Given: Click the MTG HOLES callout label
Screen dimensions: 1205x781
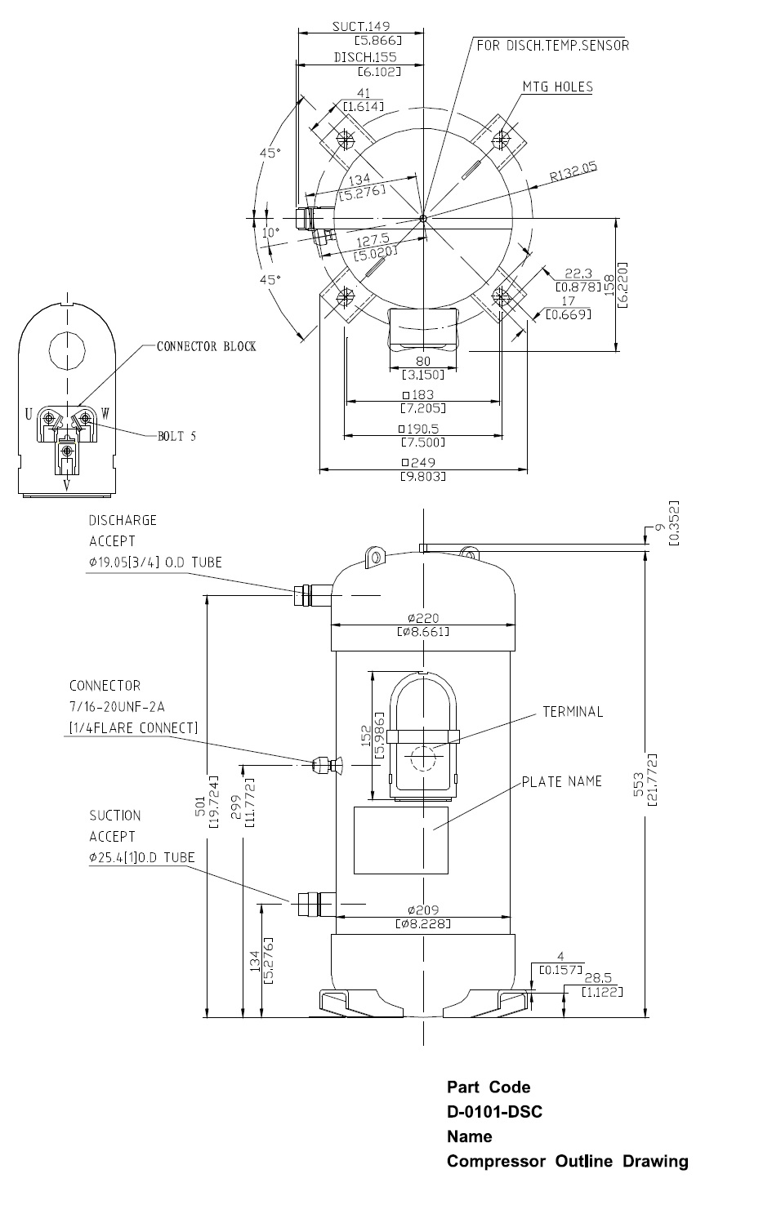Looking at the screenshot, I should pyautogui.click(x=557, y=87).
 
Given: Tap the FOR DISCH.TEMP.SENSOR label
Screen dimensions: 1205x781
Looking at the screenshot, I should pyautogui.click(x=553, y=46).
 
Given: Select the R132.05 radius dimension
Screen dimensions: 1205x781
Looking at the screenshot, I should pyautogui.click(x=573, y=173).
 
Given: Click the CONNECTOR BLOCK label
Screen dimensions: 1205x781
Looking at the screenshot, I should pyautogui.click(x=207, y=346).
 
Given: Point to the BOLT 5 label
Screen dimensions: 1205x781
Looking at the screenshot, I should pyautogui.click(x=176, y=436).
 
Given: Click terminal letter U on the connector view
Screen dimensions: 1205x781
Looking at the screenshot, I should pyautogui.click(x=29, y=415).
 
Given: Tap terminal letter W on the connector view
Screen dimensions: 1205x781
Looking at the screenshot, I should pyautogui.click(x=105, y=415).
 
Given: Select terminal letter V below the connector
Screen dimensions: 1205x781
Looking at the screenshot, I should pyautogui.click(x=67, y=484).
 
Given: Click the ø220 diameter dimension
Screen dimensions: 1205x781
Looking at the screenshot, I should pyautogui.click(x=422, y=617).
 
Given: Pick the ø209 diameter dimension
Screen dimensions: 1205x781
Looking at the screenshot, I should pyautogui.click(x=422, y=909).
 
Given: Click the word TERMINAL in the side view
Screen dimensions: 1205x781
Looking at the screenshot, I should pyautogui.click(x=573, y=712).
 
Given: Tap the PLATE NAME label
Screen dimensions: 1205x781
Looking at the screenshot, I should pyautogui.click(x=562, y=781).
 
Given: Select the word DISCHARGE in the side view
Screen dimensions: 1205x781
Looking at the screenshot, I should pyautogui.click(x=123, y=520).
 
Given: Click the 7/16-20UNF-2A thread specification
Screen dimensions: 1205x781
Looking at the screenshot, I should pyautogui.click(x=118, y=706).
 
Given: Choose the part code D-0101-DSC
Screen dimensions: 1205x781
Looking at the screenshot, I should pyautogui.click(x=494, y=1112).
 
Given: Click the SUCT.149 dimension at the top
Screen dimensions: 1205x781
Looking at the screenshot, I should pyautogui.click(x=360, y=27).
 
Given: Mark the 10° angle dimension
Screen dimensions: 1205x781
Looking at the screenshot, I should pyautogui.click(x=270, y=232).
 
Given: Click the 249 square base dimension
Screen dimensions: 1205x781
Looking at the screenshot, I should pyautogui.click(x=422, y=463).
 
